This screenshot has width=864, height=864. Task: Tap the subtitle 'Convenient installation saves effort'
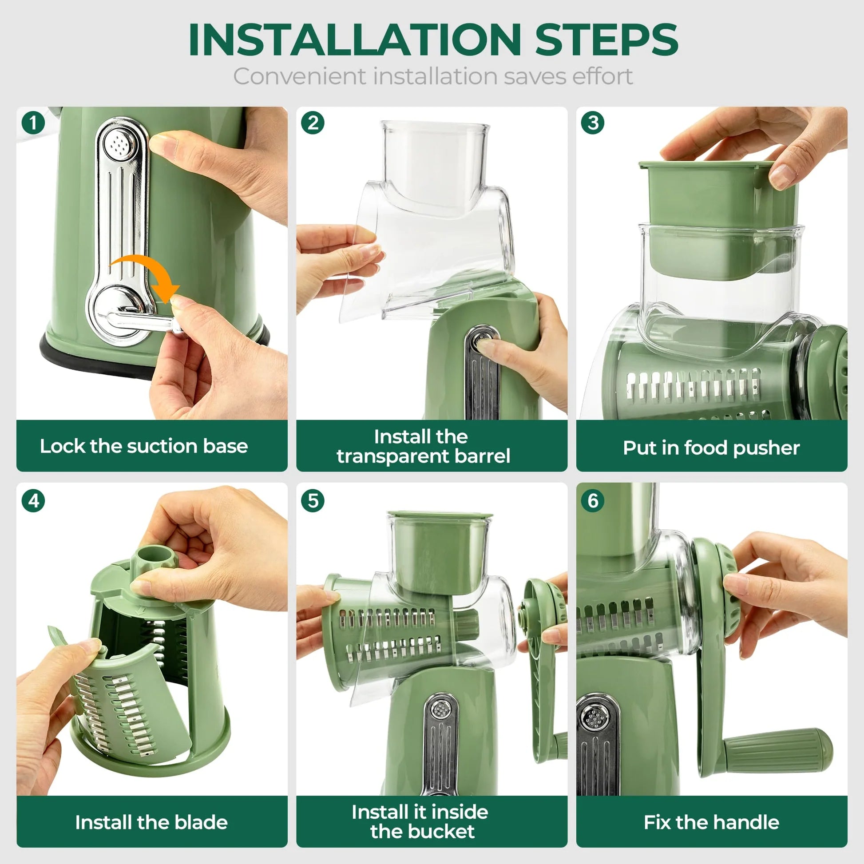click(x=432, y=76)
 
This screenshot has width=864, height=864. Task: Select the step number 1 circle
click(x=33, y=123)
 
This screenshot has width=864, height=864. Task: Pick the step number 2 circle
click(x=313, y=123)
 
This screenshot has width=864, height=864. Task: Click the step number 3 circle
click(x=593, y=123)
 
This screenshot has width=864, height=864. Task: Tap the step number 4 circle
click(x=33, y=501)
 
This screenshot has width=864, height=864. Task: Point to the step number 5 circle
click(x=313, y=501)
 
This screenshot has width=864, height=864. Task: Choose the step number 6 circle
click(x=593, y=501)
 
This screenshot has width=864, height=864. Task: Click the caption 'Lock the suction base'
click(x=143, y=446)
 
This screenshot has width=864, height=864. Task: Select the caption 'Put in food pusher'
click(x=711, y=448)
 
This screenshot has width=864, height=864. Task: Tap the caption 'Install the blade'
click(x=151, y=822)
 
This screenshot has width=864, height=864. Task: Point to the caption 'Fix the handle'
click(x=711, y=822)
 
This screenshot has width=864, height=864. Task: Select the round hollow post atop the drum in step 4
click(x=155, y=556)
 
